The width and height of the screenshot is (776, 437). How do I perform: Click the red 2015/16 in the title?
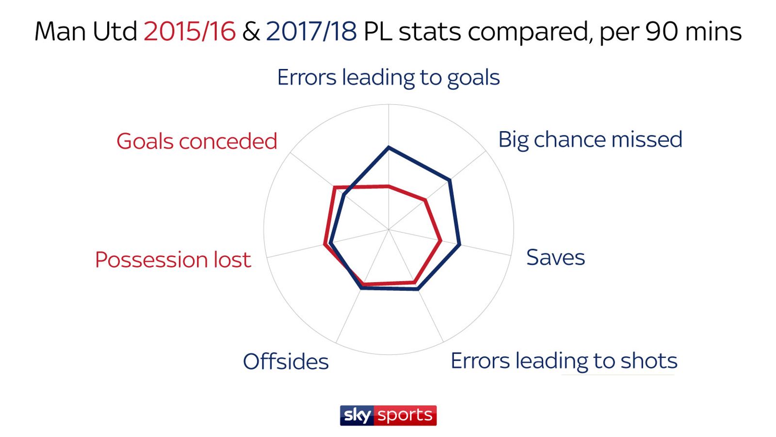pyautogui.click(x=190, y=32)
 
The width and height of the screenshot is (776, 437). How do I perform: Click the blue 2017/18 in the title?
pyautogui.click(x=311, y=32)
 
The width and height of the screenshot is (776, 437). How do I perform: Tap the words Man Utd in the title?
pyautogui.click(x=86, y=32)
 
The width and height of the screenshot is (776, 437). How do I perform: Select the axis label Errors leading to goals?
pyautogui.click(x=388, y=78)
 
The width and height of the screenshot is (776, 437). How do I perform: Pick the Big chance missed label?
pyautogui.click(x=590, y=140)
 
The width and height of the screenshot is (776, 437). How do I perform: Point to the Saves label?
pyautogui.click(x=555, y=257)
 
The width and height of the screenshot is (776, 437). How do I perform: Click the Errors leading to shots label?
pyautogui.click(x=564, y=361)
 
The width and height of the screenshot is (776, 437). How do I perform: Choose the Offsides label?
pyautogui.click(x=286, y=362)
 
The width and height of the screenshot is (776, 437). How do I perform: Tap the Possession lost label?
pyautogui.click(x=173, y=260)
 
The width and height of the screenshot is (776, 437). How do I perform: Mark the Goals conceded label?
pyautogui.click(x=196, y=141)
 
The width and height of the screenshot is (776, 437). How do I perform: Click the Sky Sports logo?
pyautogui.click(x=388, y=416)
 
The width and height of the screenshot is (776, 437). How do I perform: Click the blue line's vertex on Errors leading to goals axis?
pyautogui.click(x=388, y=147)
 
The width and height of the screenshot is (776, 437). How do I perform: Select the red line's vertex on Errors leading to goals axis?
pyautogui.click(x=388, y=186)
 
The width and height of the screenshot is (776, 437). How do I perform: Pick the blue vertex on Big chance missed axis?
pyautogui.click(x=450, y=181)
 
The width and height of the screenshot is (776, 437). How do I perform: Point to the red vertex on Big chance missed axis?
pyautogui.click(x=426, y=200)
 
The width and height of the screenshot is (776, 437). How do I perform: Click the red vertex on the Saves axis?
pyautogui.click(x=440, y=240)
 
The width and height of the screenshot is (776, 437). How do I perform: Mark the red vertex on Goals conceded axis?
pyautogui.click(x=334, y=187)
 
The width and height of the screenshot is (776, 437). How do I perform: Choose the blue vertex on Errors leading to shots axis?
pyautogui.click(x=417, y=290)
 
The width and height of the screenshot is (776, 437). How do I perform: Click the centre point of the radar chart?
pyautogui.click(x=388, y=229)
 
